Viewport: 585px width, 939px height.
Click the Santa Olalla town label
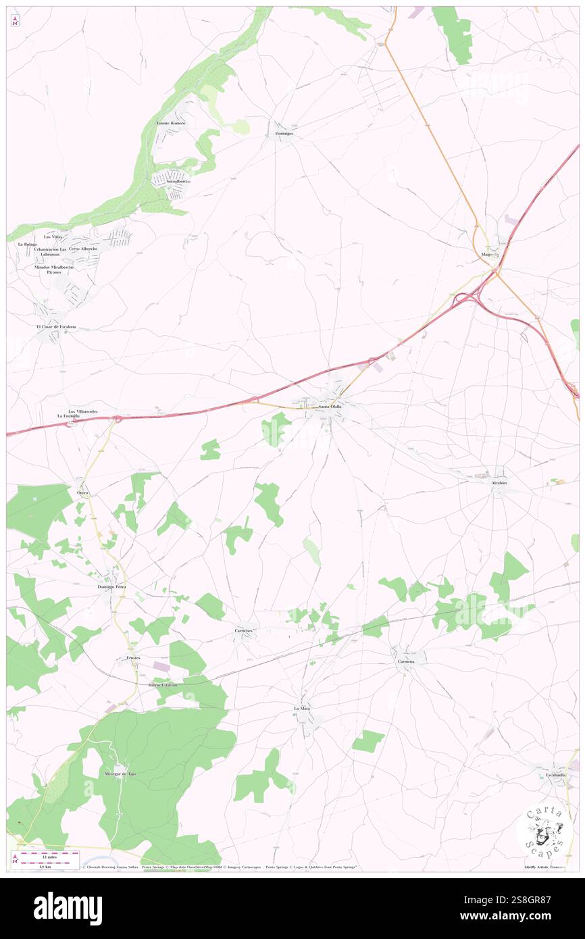(330, 407)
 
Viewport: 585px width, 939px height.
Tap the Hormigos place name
(284, 134)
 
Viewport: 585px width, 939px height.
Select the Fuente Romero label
(171, 124)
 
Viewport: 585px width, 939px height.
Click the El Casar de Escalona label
(56, 327)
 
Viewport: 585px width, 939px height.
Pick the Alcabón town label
(499, 483)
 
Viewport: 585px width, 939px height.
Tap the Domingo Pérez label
(111, 587)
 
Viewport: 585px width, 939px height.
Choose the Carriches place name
(243, 630)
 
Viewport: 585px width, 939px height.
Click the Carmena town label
(406, 661)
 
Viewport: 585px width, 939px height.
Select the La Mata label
(301, 708)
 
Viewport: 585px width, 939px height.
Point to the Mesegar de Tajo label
(120, 773)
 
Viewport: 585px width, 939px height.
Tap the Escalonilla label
(556, 775)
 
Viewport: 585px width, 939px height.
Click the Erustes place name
(132, 657)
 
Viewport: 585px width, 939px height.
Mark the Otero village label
(83, 493)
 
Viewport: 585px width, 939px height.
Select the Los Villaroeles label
(82, 411)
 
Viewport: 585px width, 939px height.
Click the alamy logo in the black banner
(68, 909)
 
